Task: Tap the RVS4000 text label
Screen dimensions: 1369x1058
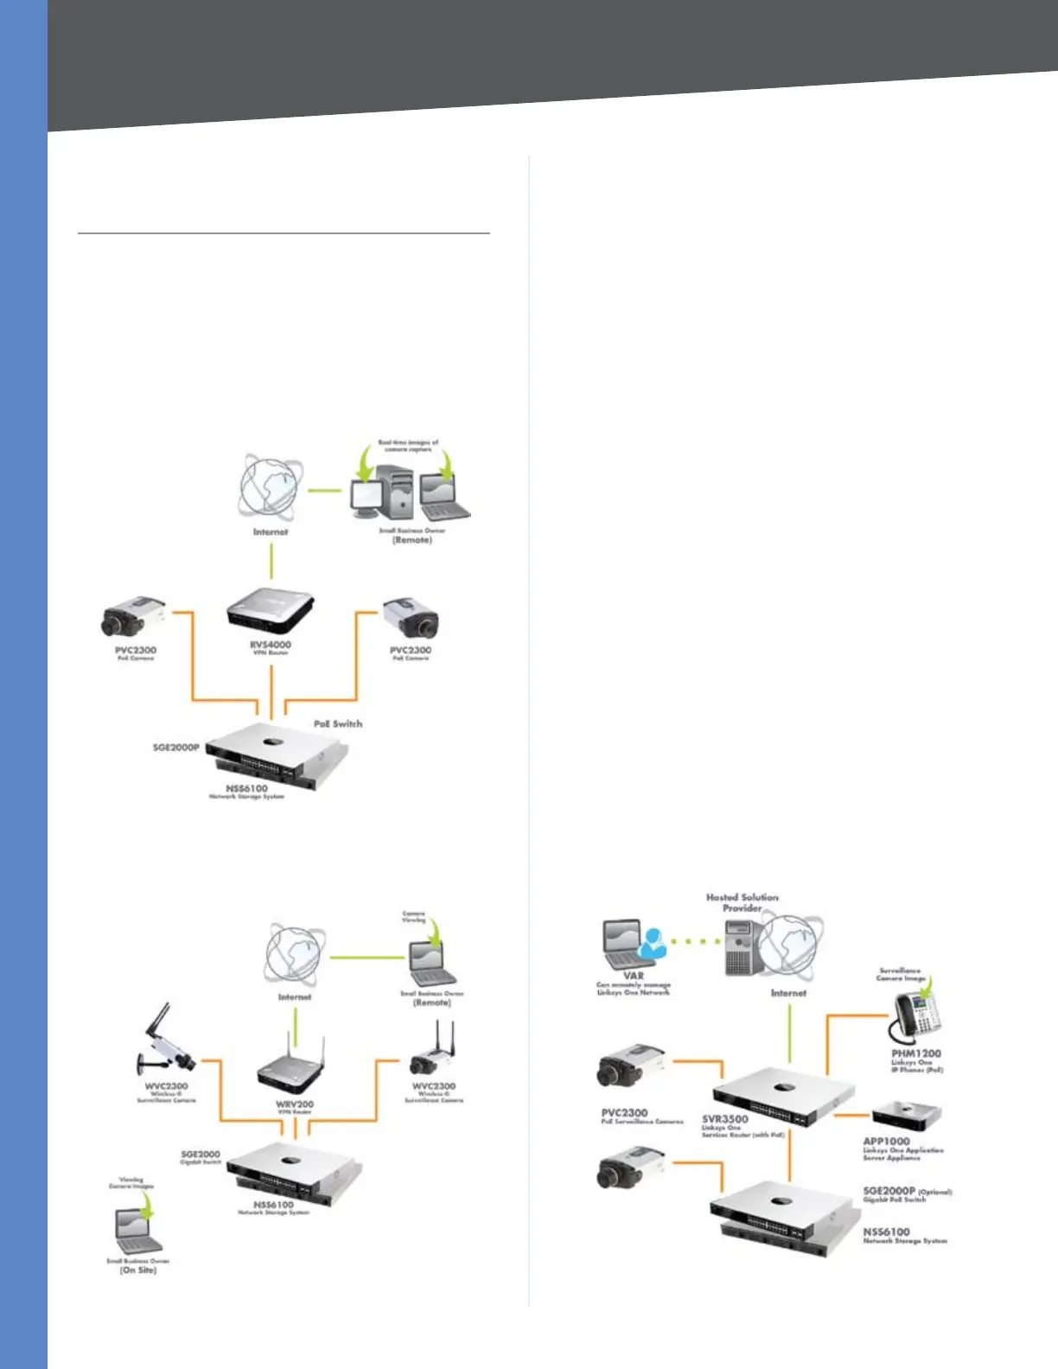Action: click(x=271, y=645)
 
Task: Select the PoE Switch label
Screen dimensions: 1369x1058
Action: click(x=338, y=723)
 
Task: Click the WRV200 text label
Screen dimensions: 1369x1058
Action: click(x=295, y=1104)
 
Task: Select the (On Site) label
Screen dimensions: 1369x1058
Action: click(x=138, y=1270)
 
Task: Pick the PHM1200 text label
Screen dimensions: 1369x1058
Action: click(x=916, y=1054)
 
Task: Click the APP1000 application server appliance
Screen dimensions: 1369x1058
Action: click(x=905, y=1115)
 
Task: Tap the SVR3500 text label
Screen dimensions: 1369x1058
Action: click(x=725, y=1118)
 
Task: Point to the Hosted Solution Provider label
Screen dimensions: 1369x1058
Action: click(x=742, y=902)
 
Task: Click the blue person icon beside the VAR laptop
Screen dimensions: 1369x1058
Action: click(x=653, y=943)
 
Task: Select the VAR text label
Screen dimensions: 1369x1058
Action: click(x=634, y=975)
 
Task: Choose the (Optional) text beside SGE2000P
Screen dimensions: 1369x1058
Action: click(x=934, y=1192)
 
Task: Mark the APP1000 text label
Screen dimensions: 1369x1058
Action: click(x=886, y=1141)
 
